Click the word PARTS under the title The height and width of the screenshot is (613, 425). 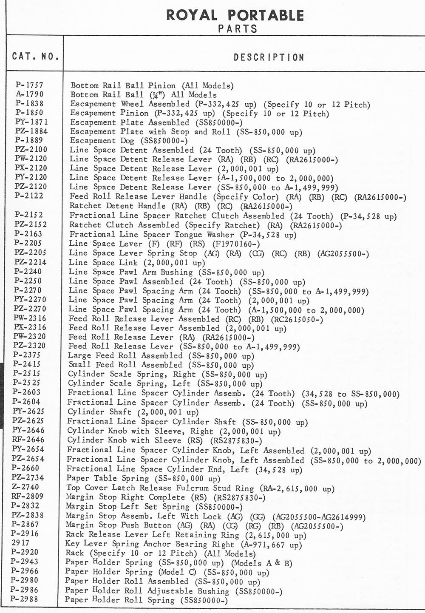(238, 29)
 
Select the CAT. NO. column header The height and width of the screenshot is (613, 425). (36, 57)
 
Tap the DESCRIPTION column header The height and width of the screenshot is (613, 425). (269, 57)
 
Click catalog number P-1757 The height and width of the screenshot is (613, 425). (29, 85)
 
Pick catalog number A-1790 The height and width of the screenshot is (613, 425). (29, 94)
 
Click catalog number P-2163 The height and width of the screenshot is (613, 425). (28, 233)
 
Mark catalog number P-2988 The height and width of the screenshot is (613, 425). (26, 599)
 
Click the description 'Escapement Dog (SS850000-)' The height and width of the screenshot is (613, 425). (129, 141)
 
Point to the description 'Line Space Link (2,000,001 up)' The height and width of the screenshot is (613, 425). (137, 263)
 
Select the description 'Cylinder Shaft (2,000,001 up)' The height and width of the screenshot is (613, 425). (133, 412)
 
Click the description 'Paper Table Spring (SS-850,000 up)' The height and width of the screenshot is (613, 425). (144, 478)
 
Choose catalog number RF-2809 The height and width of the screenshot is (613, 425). (28, 496)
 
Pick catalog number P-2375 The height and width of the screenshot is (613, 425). (27, 355)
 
